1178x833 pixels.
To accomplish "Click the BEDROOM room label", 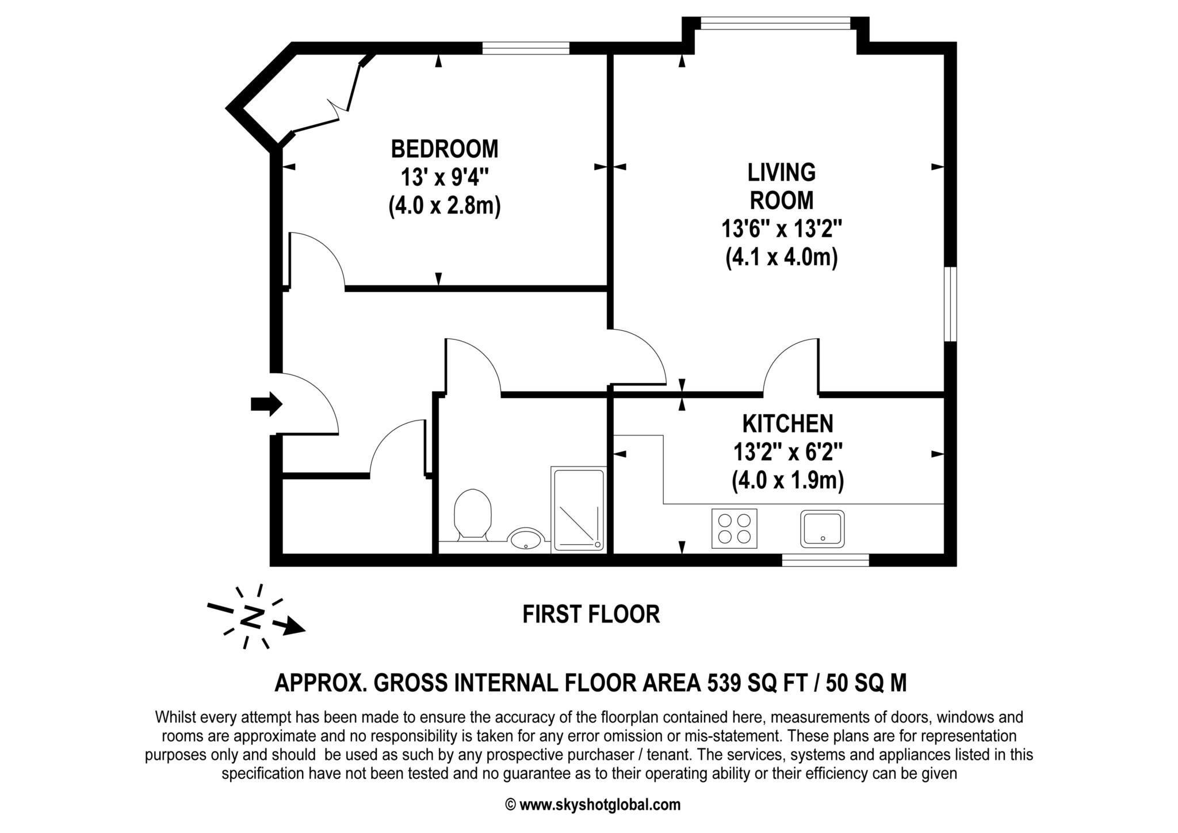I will [x=444, y=149].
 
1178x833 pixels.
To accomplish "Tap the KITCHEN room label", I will [x=787, y=424].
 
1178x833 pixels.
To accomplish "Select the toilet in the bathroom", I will [x=472, y=514].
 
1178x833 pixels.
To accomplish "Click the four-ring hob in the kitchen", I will [x=734, y=528].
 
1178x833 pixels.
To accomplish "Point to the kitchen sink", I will [x=823, y=528].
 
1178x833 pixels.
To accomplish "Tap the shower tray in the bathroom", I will [x=579, y=510].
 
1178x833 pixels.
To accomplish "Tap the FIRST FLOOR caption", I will [x=591, y=614].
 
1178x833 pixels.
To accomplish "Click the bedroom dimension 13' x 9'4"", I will [x=444, y=178].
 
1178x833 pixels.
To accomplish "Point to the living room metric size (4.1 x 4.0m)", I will [x=781, y=257].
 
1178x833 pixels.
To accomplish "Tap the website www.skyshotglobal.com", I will [x=599, y=805].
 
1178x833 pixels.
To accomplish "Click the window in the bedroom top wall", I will [x=525, y=48].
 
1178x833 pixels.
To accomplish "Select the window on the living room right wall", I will [x=950, y=304].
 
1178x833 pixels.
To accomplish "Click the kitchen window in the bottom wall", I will [x=825, y=560].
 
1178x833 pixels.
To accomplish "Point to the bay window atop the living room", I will [x=775, y=23].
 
